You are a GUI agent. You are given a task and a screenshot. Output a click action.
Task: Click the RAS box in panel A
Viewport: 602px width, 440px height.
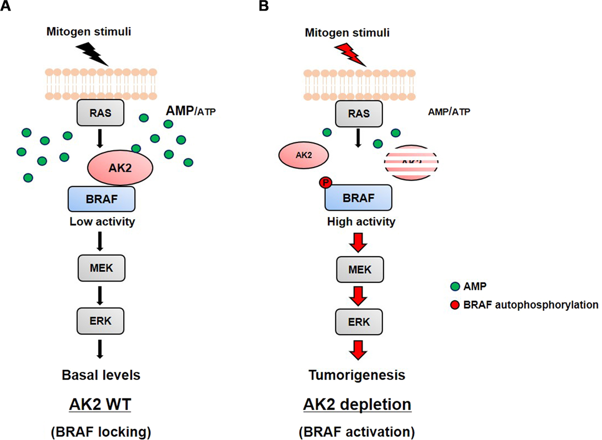[x=100, y=113]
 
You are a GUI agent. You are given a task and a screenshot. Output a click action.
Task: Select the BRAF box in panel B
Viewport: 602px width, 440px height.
[x=358, y=198]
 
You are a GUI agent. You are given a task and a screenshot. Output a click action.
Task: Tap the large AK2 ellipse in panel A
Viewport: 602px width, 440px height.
[x=120, y=168]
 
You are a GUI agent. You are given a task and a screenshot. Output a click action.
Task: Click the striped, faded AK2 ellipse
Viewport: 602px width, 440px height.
[x=411, y=162]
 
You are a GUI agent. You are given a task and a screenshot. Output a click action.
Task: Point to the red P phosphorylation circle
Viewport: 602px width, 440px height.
[x=325, y=183]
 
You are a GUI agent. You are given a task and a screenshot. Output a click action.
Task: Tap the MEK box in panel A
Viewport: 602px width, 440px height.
[x=101, y=268]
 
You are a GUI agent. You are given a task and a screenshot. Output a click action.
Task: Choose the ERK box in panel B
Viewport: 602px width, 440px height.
[x=359, y=322]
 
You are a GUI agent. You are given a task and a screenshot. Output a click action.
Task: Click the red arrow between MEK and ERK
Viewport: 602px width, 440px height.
[x=358, y=296]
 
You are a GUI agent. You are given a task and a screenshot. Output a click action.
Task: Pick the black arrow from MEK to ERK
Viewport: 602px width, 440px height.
[x=100, y=295]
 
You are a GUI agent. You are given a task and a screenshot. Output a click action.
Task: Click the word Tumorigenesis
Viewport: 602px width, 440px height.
[x=357, y=375]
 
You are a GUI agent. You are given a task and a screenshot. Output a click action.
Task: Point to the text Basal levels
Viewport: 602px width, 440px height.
[x=101, y=375]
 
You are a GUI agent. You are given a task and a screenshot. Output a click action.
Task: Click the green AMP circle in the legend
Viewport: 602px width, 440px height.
[x=455, y=286]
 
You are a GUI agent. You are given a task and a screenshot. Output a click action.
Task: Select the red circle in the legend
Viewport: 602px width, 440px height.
[x=455, y=305]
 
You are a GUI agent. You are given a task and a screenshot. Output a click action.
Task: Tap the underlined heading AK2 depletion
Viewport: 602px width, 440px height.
[x=357, y=404]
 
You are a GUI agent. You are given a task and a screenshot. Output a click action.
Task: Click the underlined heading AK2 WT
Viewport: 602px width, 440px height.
[x=100, y=404]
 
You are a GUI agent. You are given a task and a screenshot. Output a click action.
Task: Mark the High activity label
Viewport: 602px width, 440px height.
[x=361, y=221]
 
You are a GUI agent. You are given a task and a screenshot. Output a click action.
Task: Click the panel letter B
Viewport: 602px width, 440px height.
[x=264, y=6]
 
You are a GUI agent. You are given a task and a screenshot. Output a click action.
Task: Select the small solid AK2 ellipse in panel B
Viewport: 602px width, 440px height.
[x=303, y=155]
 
